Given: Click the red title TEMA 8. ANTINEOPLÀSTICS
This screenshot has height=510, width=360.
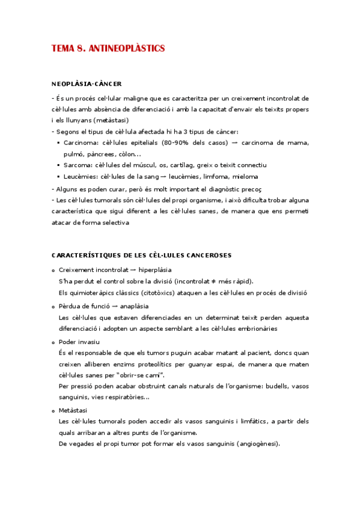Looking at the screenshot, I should point(108,49).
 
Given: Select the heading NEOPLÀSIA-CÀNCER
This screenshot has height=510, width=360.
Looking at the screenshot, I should point(87,84).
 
